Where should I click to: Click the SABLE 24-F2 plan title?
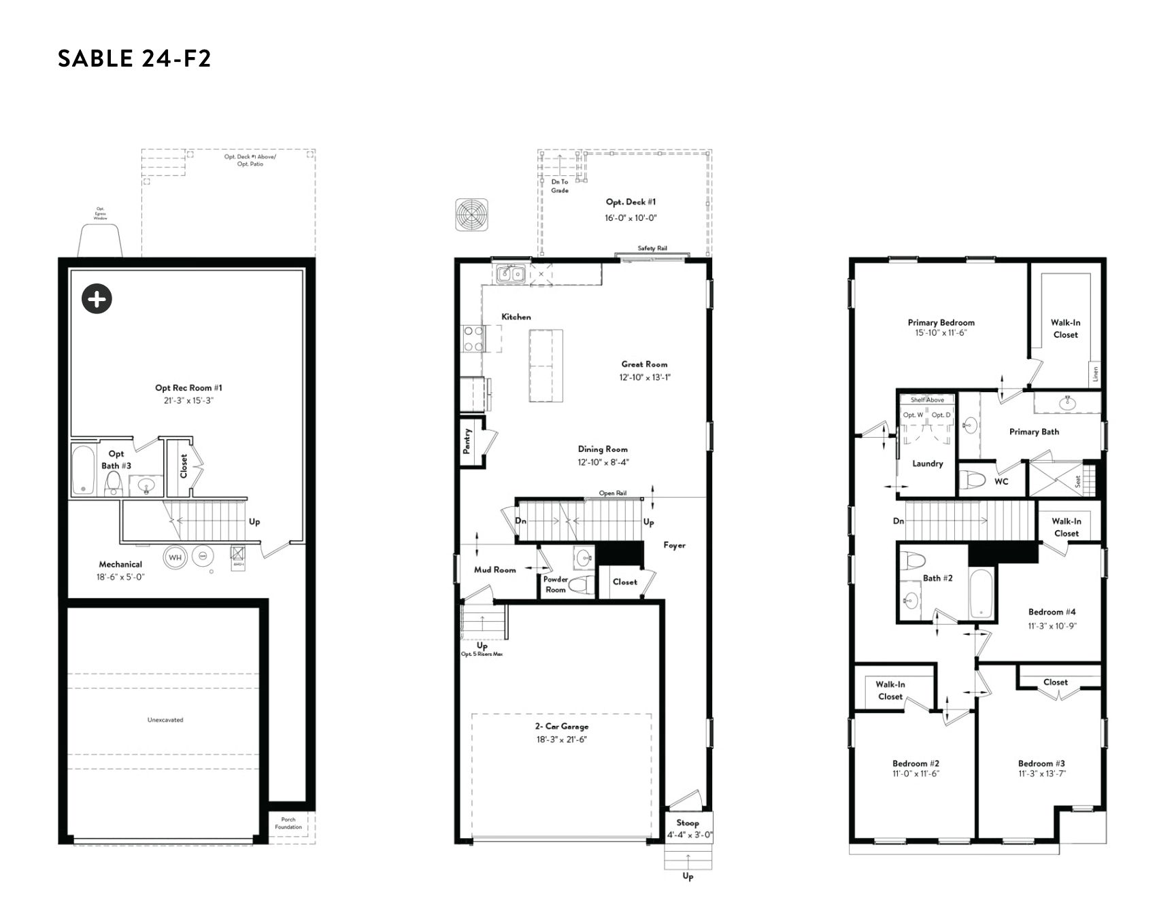[135, 58]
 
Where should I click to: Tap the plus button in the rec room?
[97, 298]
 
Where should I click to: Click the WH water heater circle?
[175, 557]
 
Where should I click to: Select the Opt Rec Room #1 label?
[188, 388]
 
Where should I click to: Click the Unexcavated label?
[165, 720]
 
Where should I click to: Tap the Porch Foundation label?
[288, 823]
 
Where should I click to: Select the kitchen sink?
[510, 274]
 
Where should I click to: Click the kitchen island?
[546, 366]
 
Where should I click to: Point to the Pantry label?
[467, 441]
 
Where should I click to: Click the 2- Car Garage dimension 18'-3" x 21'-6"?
[561, 740]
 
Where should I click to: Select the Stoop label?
[688, 822]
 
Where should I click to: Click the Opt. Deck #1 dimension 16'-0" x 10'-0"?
[631, 218]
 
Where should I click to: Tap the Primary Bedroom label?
[941, 323]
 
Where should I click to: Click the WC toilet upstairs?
[975, 480]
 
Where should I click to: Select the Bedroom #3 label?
[1041, 763]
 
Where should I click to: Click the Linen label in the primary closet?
[1095, 374]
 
